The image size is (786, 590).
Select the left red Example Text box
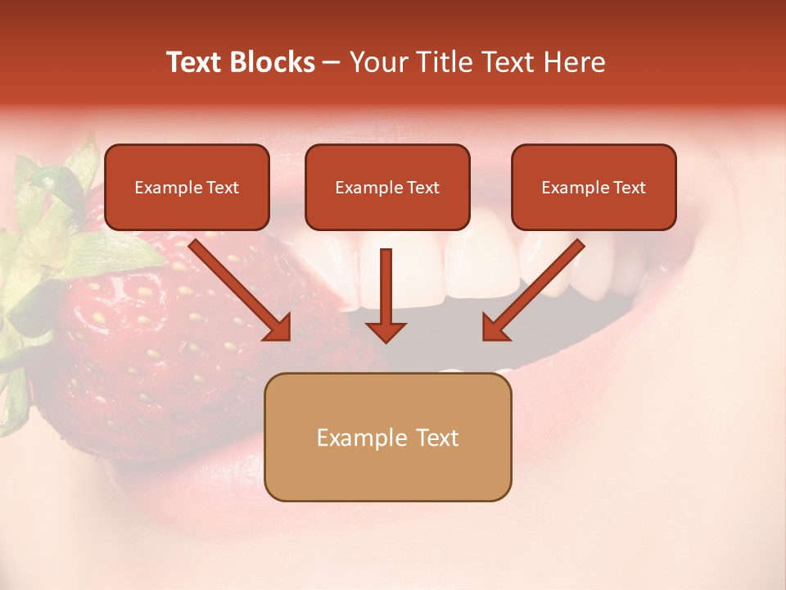coord(187,188)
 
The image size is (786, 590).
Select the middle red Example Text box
coord(387,188)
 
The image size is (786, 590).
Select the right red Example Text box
coord(594,188)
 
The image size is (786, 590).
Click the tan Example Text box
coord(387,438)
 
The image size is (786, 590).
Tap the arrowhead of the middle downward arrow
coord(386,330)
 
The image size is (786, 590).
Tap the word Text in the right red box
coord(629,188)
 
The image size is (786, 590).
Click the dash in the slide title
coord(332,62)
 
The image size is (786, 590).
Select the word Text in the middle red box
coord(422,188)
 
